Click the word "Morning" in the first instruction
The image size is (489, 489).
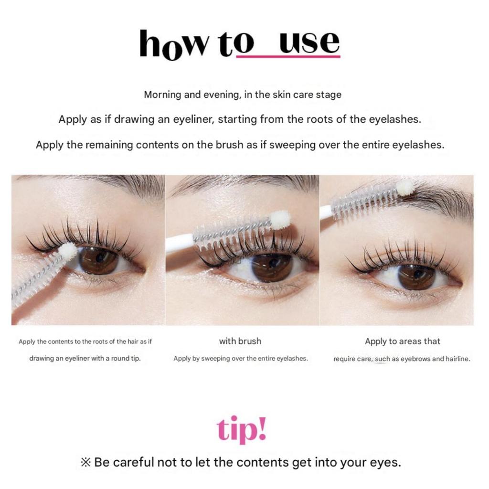point(162,95)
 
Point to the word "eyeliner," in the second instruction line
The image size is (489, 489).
point(193,119)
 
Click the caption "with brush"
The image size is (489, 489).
point(240,341)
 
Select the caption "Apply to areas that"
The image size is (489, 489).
point(402,341)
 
